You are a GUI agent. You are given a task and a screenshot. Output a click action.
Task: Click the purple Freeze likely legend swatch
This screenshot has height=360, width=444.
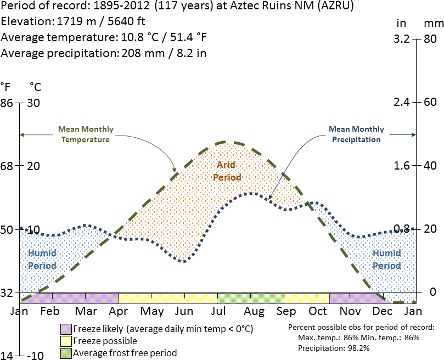click(x=66, y=329)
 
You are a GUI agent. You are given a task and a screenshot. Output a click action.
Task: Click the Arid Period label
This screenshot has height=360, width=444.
click(x=227, y=171)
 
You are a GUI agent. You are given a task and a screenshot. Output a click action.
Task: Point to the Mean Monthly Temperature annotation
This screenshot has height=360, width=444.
click(x=86, y=134)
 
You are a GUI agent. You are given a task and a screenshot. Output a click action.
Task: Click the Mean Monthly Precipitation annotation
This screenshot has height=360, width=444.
click(x=356, y=134)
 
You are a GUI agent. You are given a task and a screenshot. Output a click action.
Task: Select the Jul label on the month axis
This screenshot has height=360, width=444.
click(x=218, y=311)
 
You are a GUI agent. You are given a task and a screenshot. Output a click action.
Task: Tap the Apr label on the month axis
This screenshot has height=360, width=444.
click(x=118, y=311)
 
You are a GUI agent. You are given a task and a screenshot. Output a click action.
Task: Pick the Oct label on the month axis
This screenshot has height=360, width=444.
click(x=318, y=311)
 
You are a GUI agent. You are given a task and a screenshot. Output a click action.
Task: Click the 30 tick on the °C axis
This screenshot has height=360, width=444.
click(x=34, y=103)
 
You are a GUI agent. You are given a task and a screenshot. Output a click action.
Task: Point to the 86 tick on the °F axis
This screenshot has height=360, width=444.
click(x=7, y=103)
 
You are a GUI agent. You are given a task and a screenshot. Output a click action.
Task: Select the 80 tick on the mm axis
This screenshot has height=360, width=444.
click(x=430, y=40)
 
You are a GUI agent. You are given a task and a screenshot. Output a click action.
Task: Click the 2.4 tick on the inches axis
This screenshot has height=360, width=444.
click(x=403, y=103)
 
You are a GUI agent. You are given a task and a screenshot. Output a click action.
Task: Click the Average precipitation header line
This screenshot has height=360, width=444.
click(x=104, y=53)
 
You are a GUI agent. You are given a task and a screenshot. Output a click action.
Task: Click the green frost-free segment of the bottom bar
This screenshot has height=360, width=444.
click(x=250, y=298)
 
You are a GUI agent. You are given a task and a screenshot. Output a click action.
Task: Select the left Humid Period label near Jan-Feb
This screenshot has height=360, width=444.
click(x=42, y=259)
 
